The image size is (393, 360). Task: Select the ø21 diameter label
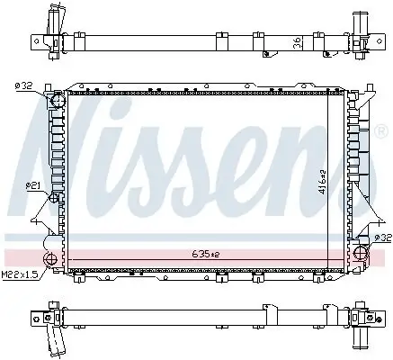pyautogui.click(x=33, y=184)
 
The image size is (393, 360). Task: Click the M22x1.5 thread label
pyautogui.click(x=19, y=274)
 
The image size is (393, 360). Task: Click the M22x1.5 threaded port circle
pyautogui.click(x=52, y=263)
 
